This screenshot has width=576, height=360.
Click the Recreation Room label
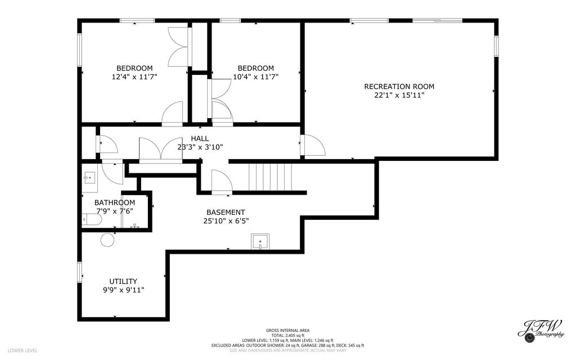pyautogui.click(x=399, y=87)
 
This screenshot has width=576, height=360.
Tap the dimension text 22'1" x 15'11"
pyautogui.click(x=399, y=96)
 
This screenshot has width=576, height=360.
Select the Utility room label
pyautogui.click(x=123, y=281)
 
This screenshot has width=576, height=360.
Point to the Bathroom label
pyautogui.click(x=115, y=202)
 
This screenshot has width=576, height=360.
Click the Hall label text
pyautogui.click(x=200, y=138)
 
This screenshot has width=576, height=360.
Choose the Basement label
pyautogui.click(x=226, y=212)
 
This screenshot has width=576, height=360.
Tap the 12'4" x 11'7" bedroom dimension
pyautogui.click(x=134, y=77)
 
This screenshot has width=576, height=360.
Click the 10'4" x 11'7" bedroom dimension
pyautogui.click(x=256, y=77)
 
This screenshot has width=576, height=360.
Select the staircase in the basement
pyautogui.click(x=271, y=177)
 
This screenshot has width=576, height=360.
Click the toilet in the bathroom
pyautogui.click(x=92, y=220)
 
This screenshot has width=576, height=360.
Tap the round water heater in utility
pyautogui.click(x=107, y=240)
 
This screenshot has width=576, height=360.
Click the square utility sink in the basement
pyautogui.click(x=260, y=241)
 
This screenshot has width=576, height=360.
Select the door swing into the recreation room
pyautogui.click(x=313, y=145)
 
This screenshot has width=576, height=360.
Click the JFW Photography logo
pyautogui.click(x=541, y=330)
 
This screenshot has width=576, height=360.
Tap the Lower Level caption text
pyautogui.click(x=22, y=350)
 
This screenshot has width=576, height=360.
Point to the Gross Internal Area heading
pyautogui.click(x=287, y=330)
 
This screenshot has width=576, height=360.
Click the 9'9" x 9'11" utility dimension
pyautogui.click(x=123, y=290)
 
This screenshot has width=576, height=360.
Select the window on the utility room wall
pyautogui.click(x=79, y=272)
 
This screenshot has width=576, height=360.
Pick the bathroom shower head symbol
pyautogui.click(x=135, y=226)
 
